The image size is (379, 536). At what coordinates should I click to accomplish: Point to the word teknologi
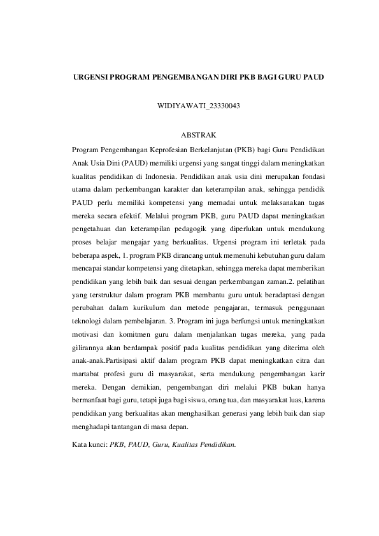pos(87,323)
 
